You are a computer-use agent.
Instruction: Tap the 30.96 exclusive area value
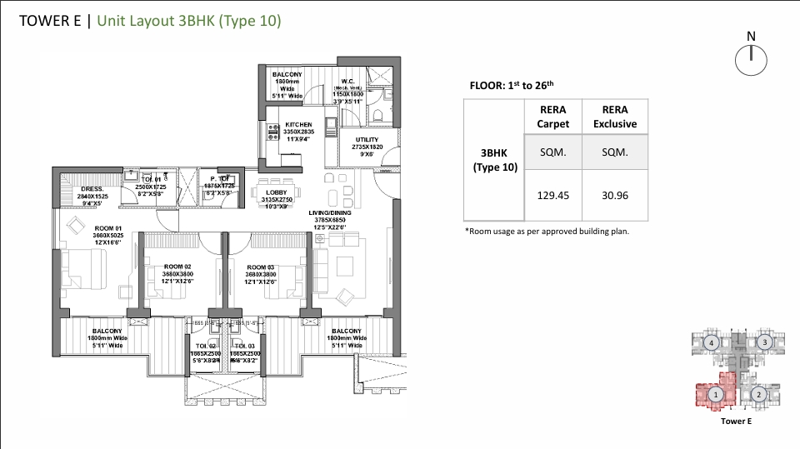[614, 197]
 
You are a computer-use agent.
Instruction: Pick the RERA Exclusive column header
[614, 117]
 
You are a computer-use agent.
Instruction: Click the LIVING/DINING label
[329, 212]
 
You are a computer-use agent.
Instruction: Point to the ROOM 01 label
[108, 228]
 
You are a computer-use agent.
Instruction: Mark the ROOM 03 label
[261, 267]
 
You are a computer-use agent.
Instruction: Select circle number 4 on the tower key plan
[711, 342]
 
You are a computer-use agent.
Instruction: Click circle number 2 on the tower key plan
[757, 394]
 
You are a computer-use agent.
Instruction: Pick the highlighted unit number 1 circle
[714, 394]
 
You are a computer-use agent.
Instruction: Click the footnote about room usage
[546, 231]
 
